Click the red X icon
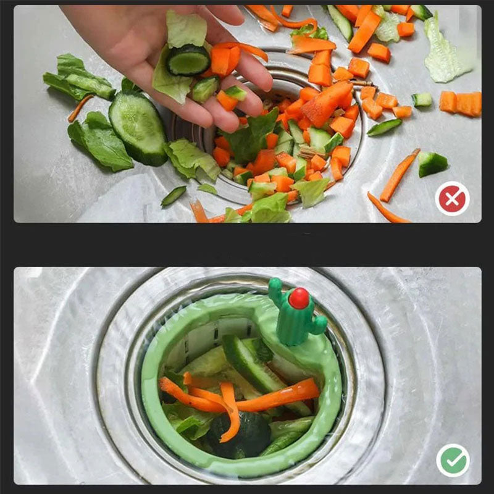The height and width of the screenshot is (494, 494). [452, 198]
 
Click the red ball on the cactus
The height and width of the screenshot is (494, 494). [299, 299]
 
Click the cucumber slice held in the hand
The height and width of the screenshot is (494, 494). [188, 60]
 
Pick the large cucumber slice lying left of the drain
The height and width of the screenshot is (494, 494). [138, 127]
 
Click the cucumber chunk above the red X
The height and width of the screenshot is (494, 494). [432, 164]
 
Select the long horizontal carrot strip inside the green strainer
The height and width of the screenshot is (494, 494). [278, 395]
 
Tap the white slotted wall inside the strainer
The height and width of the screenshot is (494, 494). [204, 337]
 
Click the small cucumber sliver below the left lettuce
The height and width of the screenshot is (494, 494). [174, 196]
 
